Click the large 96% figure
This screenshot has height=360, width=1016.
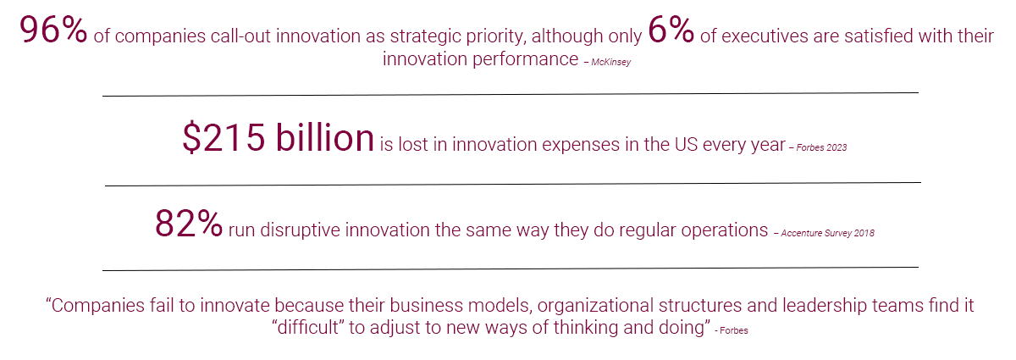pyautogui.click(x=53, y=30)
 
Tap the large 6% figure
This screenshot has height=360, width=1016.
pyautogui.click(x=671, y=30)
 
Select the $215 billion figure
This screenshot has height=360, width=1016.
pyautogui.click(x=278, y=137)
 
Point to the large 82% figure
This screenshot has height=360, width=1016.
pyautogui.click(x=189, y=223)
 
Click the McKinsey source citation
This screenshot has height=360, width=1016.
pyautogui.click(x=610, y=62)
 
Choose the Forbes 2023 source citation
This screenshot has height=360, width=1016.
pyautogui.click(x=821, y=147)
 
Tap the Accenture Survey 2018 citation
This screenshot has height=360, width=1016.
pyautogui.click(x=827, y=233)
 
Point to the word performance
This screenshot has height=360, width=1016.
pyautogui.click(x=525, y=59)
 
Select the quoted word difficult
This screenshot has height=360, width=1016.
pyautogui.click(x=308, y=327)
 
